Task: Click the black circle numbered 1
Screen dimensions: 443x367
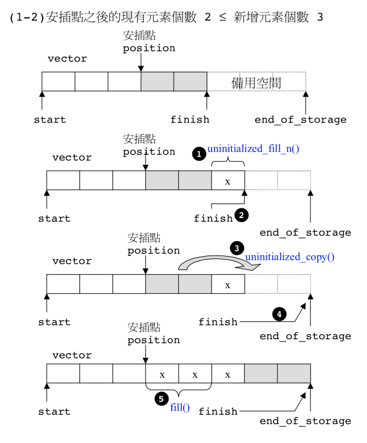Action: tap(199, 154)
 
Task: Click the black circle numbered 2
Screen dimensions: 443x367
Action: tap(241, 215)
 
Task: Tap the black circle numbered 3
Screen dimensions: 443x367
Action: tap(237, 248)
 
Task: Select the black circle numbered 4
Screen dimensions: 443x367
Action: tap(279, 314)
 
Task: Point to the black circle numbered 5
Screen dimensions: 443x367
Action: tap(161, 399)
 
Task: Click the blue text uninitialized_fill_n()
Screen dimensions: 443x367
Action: tap(253, 149)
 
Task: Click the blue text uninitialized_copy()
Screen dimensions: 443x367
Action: tap(290, 257)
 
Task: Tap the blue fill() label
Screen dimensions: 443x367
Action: tap(180, 407)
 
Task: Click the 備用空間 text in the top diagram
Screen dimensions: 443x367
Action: tap(256, 83)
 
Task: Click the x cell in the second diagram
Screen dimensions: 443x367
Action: tap(228, 181)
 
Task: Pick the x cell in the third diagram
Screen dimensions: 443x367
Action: tap(228, 284)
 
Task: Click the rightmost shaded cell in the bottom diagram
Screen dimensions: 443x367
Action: tap(294, 374)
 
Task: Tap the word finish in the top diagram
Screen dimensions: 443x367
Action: tap(190, 120)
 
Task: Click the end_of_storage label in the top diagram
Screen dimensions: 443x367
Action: tap(300, 120)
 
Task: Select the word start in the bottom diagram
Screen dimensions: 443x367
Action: tap(54, 412)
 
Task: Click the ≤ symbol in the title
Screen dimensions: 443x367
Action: tap(223, 17)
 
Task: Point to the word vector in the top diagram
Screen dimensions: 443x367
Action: tap(67, 59)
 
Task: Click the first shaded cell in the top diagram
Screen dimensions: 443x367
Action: tap(157, 82)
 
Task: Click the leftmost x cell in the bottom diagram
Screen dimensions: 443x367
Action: tap(162, 374)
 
